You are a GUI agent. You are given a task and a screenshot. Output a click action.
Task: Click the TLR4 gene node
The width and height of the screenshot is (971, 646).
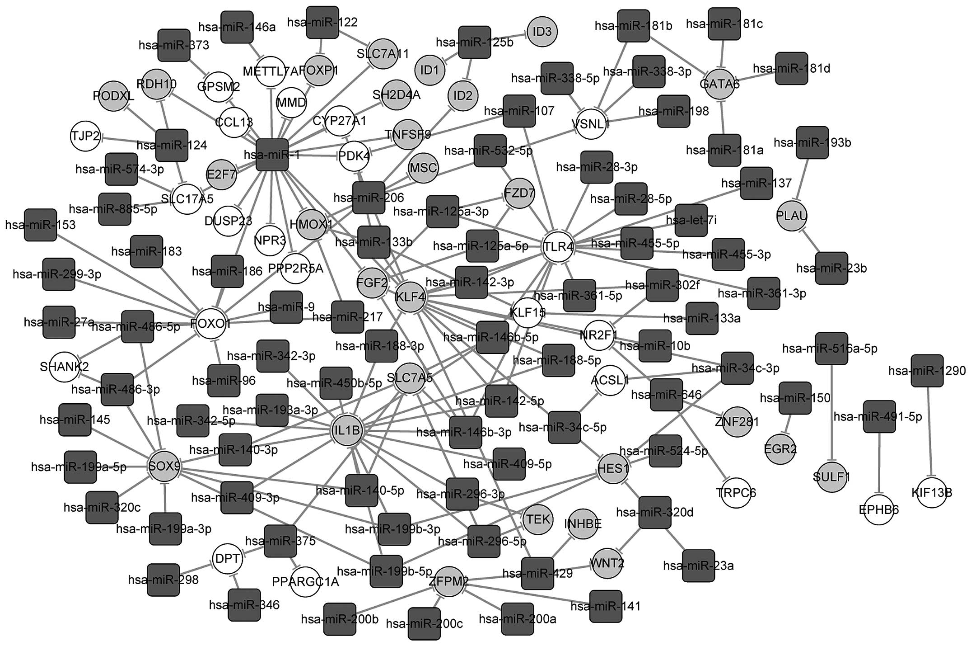558,246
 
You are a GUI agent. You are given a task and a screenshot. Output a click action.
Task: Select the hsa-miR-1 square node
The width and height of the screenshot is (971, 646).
272,155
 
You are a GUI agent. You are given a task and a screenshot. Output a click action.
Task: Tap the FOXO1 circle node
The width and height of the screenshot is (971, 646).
210,324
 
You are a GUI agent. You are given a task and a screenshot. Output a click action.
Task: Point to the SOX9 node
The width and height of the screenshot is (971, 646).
164,466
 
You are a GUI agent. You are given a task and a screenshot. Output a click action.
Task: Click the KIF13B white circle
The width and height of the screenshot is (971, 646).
931,492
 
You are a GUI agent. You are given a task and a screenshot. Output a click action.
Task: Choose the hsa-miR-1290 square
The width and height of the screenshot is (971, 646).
927,371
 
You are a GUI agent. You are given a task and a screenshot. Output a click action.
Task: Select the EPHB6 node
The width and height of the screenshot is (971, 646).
878,510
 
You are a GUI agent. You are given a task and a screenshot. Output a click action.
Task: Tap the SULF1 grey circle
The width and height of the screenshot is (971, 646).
831,477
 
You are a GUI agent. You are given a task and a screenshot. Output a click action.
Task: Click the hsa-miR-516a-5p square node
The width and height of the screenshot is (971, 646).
831,349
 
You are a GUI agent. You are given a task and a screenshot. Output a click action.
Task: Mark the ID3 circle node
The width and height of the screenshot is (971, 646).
542,32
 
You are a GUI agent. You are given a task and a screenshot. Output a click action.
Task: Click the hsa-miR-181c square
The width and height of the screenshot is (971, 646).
724,24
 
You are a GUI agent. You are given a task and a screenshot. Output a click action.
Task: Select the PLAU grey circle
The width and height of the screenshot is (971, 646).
792,216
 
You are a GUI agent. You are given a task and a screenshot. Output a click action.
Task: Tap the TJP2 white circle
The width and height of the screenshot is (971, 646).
85,135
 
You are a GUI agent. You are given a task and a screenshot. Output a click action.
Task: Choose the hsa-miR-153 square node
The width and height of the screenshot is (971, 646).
40,225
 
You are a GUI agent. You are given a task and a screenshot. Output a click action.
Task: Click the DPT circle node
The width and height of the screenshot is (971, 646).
227,559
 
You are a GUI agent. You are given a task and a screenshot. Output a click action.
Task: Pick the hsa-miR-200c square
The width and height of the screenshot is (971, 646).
424,624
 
